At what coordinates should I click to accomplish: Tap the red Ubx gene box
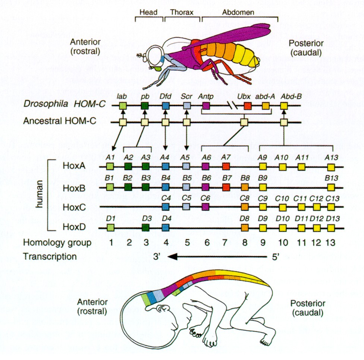tap(247, 106)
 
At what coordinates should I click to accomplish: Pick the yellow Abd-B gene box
tap(284, 106)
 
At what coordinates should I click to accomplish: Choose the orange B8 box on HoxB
tap(245, 186)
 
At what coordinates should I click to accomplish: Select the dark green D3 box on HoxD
tap(145, 227)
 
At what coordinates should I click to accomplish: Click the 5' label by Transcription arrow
tap(274, 256)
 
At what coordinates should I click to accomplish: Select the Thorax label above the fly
tap(181, 12)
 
